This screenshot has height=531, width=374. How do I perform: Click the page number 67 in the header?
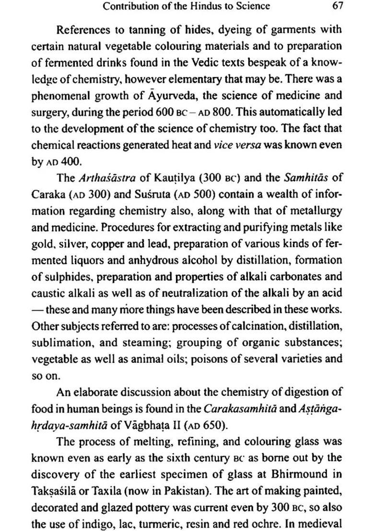point(337,6)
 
